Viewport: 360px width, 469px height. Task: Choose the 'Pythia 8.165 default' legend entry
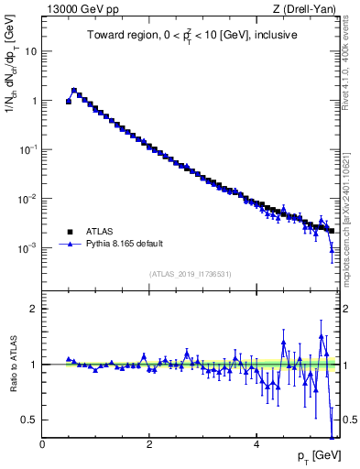point(127,245)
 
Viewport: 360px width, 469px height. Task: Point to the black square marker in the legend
point(70,232)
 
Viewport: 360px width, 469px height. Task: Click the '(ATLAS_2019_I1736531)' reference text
point(191,274)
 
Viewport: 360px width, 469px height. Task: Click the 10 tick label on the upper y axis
point(30,51)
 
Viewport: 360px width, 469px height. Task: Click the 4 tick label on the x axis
point(256,444)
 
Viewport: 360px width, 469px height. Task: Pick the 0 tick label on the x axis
point(42,444)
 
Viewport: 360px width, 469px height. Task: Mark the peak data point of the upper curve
point(74,91)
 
